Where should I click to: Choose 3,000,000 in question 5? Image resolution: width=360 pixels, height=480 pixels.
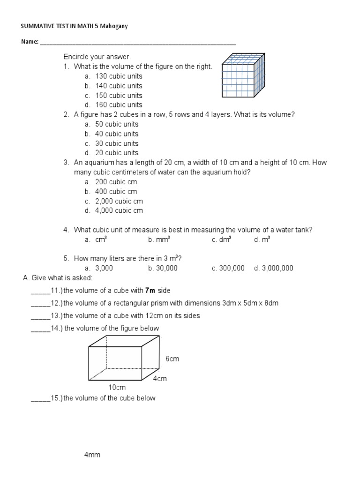(x=277, y=268)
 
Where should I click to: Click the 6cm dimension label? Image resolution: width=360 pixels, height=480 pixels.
(x=172, y=359)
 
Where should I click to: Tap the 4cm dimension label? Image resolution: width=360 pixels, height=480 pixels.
(x=160, y=378)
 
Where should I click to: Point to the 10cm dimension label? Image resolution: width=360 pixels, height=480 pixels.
(x=117, y=388)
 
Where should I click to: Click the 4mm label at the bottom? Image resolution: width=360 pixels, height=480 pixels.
(x=92, y=455)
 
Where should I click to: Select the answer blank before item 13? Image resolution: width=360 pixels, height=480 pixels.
(x=40, y=316)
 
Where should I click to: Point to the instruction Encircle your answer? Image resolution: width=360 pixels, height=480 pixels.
(x=97, y=57)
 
